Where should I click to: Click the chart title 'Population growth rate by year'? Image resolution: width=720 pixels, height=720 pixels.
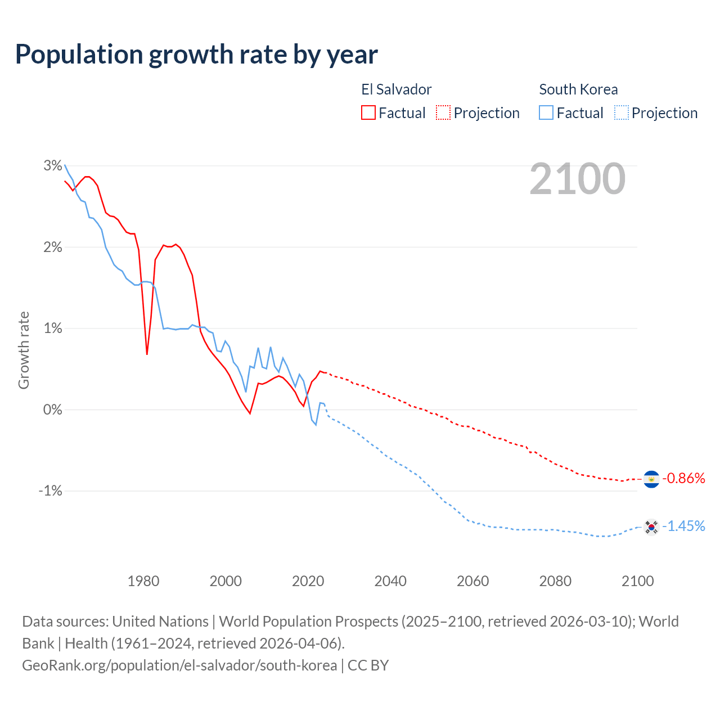tap(196, 55)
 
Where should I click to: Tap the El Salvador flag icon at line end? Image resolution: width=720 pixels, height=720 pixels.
tap(651, 479)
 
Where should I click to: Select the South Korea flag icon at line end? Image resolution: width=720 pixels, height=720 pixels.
tap(651, 526)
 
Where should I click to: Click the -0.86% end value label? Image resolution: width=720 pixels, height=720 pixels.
tap(684, 479)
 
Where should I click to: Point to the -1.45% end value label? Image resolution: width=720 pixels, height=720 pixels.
tap(684, 526)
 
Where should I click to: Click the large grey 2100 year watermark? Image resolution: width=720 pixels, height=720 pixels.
tap(577, 179)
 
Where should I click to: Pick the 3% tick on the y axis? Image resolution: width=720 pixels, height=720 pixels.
tap(53, 166)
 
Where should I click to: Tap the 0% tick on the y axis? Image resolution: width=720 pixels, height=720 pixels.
tap(53, 409)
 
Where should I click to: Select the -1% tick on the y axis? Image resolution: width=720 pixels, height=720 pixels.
tap(50, 491)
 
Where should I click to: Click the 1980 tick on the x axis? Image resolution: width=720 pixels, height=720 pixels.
tap(143, 581)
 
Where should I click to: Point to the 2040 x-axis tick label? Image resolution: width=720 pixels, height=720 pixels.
tap(390, 581)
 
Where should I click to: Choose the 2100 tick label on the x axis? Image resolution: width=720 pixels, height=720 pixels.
tap(637, 581)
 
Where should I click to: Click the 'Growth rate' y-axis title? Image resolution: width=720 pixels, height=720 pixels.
tap(24, 350)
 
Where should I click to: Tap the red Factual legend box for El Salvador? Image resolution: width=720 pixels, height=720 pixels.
tap(368, 113)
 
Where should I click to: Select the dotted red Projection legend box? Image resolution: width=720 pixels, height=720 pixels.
tap(443, 113)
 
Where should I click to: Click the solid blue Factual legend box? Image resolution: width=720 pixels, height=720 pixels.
tap(546, 113)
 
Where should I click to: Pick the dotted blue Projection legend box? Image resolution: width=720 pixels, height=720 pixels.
tap(621, 113)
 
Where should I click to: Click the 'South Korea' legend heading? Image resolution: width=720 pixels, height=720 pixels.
tap(578, 89)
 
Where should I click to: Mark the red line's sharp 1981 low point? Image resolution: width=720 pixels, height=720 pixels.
tap(147, 354)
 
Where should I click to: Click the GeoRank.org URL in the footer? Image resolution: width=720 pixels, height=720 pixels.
tap(179, 665)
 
